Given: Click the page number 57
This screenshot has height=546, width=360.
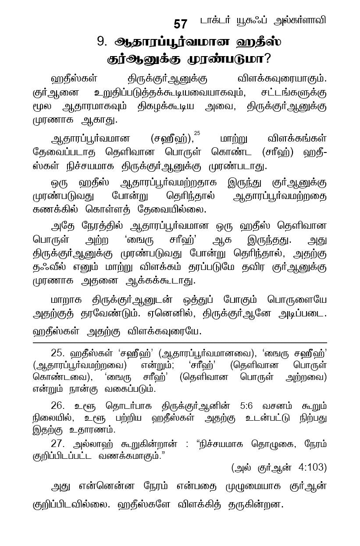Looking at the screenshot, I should (x=180, y=24).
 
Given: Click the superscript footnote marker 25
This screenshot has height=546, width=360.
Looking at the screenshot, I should (x=196, y=134).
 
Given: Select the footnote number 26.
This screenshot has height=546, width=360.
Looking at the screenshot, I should (x=58, y=406).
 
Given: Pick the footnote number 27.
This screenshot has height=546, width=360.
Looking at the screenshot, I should (x=58, y=443).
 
